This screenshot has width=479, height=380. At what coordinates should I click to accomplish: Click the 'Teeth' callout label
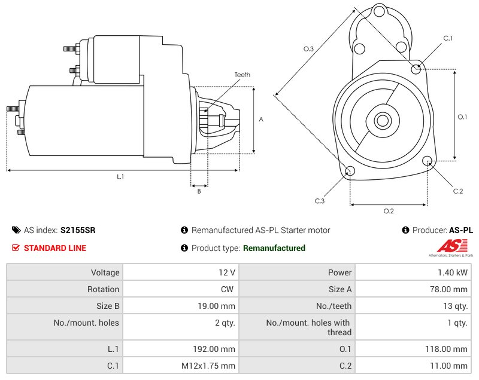[242, 75]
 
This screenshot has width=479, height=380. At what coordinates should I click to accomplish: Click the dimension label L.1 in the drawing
[120, 177]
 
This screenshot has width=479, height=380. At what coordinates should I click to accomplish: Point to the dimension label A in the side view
[261, 119]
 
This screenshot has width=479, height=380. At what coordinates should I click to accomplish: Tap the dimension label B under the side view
[199, 191]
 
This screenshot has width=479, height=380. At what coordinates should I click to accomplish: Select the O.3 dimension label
[308, 49]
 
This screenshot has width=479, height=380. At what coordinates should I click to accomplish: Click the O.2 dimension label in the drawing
[388, 211]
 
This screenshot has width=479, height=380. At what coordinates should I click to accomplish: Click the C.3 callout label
[320, 201]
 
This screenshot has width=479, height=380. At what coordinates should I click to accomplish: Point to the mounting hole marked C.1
[416, 69]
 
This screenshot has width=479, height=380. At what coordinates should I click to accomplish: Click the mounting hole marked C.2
[428, 161]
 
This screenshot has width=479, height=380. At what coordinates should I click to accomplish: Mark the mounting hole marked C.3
[350, 172]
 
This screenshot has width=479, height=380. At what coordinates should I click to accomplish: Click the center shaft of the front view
[382, 120]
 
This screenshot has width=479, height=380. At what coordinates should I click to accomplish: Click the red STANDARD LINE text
[54, 248]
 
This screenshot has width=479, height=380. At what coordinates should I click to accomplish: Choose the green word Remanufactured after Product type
[274, 248]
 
